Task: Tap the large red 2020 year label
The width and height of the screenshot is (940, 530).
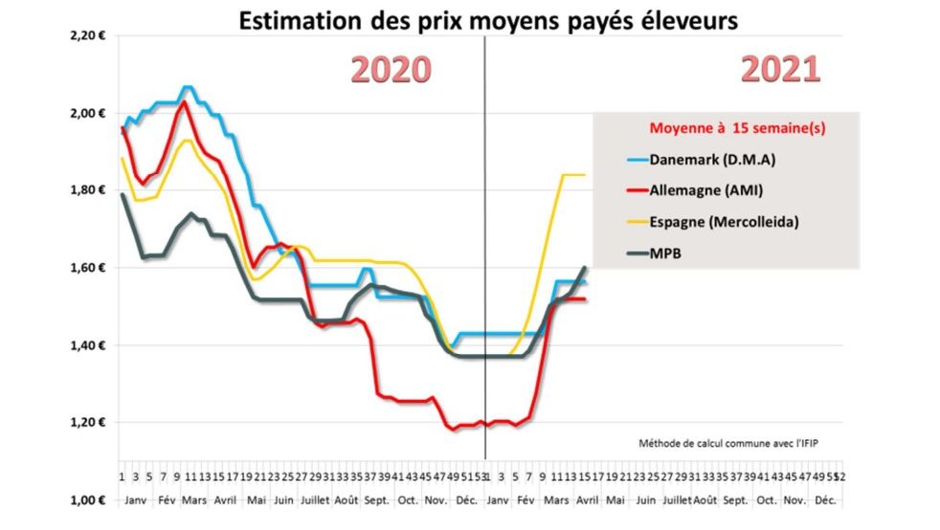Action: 391,70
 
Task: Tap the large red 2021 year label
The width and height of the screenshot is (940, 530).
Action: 781,70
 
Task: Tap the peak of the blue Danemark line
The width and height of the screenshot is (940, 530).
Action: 188,87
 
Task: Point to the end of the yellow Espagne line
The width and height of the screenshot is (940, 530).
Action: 584,174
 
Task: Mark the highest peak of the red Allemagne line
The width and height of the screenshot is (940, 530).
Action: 185,101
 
